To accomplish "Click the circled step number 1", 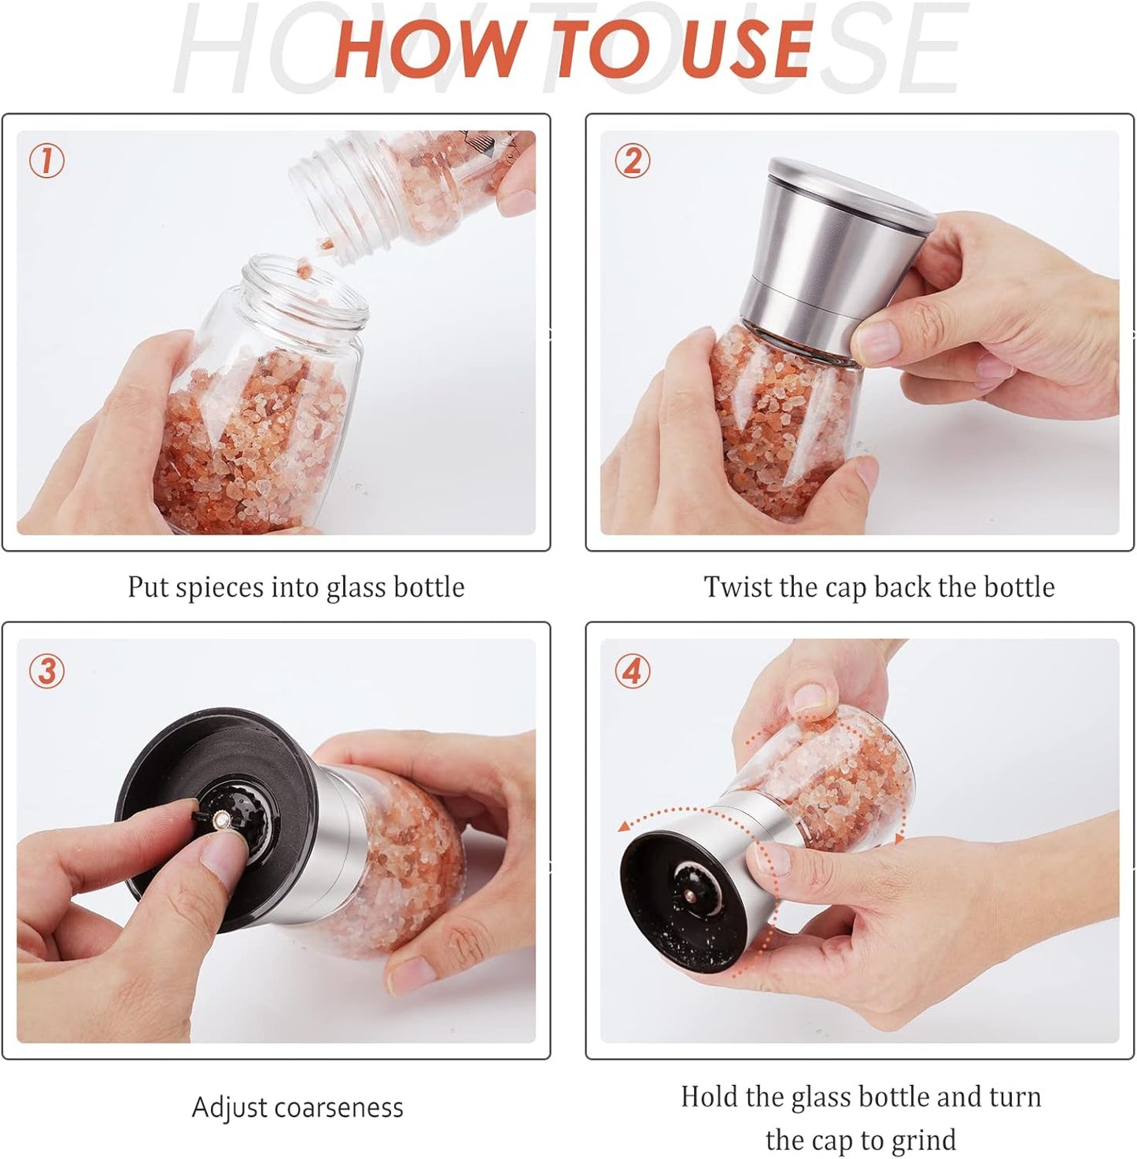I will [46, 161].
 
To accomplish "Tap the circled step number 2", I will [632, 161].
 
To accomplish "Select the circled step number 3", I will [46, 671].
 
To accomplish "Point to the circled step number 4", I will [632, 671].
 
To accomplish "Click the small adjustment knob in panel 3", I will [223, 820].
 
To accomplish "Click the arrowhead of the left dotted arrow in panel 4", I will [623, 825].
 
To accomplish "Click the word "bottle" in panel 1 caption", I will [429, 587].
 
